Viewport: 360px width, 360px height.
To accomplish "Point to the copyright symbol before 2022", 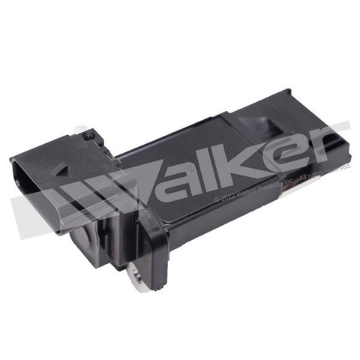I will tap(217, 200).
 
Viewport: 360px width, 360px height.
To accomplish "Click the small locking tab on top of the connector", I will tap(90, 135).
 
